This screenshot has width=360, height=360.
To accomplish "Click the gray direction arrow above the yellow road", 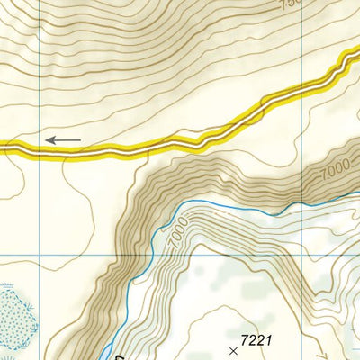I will click(63, 140).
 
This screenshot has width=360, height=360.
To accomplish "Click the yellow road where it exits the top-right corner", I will click(353, 56).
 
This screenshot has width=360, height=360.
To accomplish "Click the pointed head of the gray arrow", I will click(48, 140).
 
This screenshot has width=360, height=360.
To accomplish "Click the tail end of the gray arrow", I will click(80, 140).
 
